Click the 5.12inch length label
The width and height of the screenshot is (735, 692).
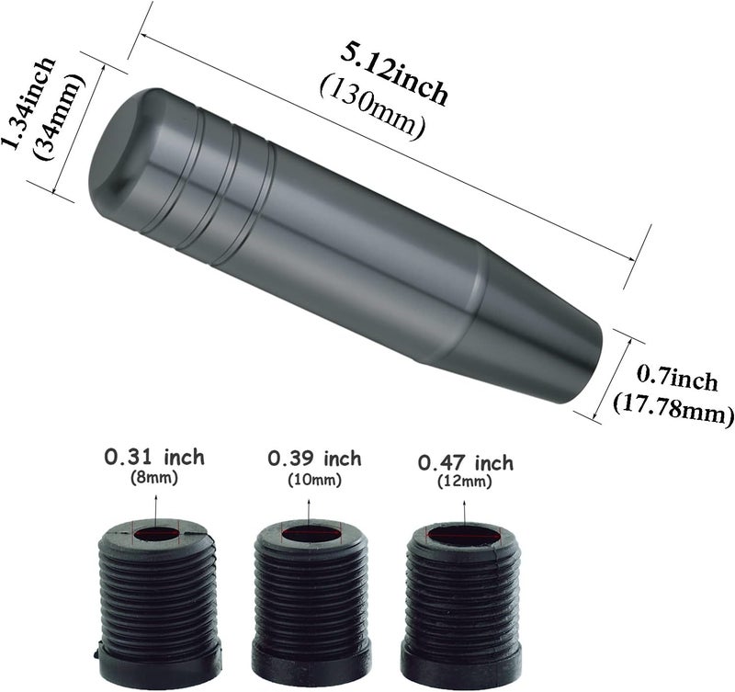394,74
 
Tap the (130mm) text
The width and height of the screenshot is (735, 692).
373,108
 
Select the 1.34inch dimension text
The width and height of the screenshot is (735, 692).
28,103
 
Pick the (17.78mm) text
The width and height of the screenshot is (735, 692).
673,409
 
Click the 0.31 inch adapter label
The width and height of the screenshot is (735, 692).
154,457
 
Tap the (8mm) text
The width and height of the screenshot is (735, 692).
154,478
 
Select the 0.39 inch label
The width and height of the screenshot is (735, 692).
314,459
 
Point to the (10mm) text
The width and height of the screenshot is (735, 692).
314,480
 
